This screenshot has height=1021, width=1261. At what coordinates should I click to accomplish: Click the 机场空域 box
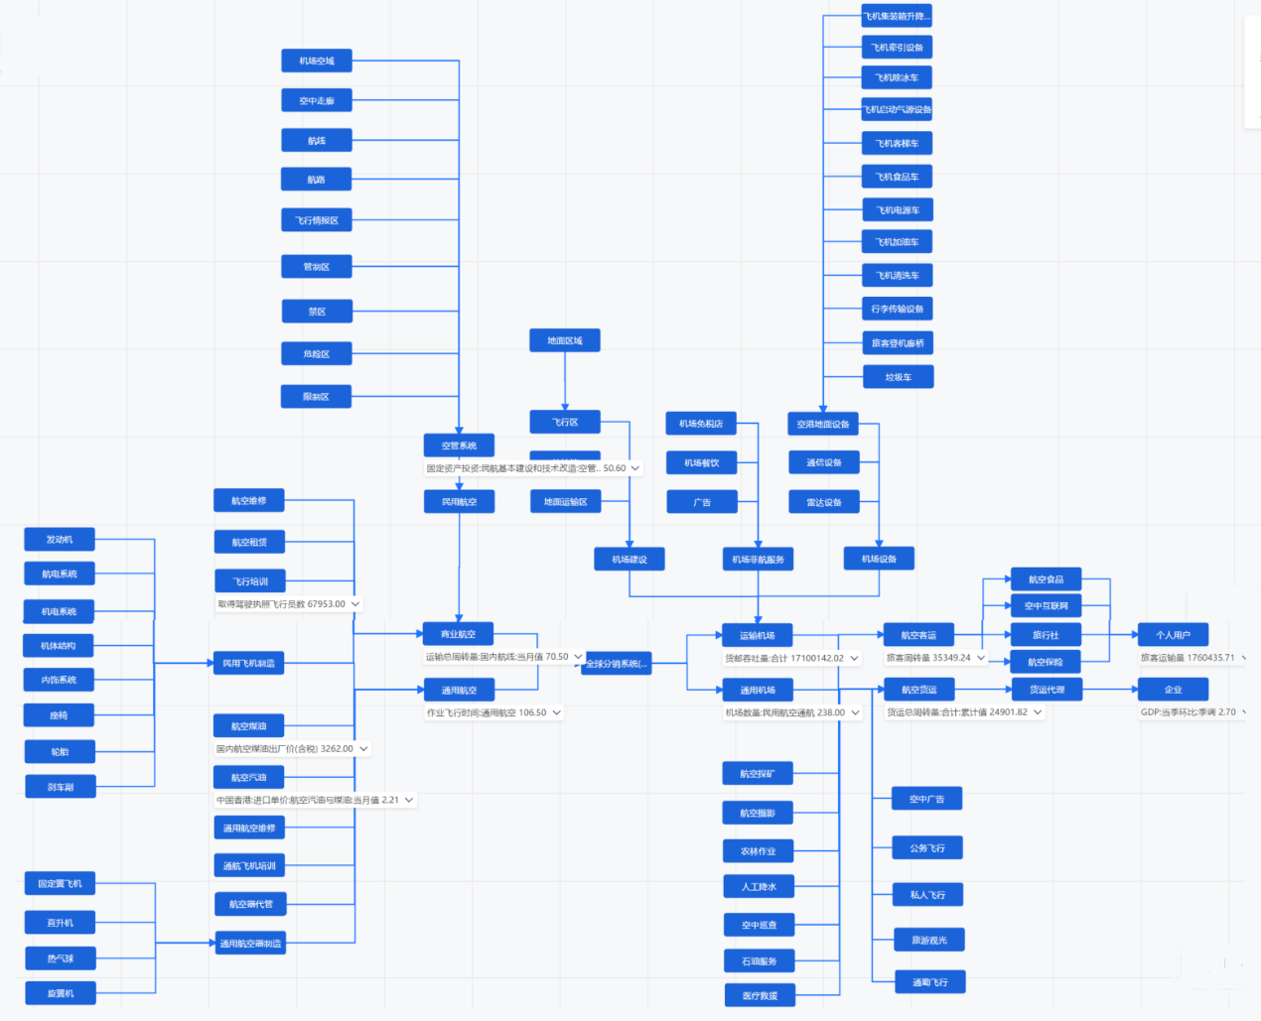317,62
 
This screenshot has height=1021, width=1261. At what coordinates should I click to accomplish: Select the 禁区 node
317,312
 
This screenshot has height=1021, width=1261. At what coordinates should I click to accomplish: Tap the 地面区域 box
565,341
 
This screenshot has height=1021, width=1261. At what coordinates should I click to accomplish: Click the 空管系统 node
459,446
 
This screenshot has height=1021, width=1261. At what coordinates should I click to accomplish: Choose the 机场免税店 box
701,424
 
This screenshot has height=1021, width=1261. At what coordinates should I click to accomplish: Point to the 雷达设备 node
824,502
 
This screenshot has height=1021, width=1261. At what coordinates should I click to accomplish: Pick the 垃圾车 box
898,377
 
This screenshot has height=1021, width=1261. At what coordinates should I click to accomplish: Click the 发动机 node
60,540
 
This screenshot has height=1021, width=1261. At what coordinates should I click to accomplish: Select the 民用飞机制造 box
248,663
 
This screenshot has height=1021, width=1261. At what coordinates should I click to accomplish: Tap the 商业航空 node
458,634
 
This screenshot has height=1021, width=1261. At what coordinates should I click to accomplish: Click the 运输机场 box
758,635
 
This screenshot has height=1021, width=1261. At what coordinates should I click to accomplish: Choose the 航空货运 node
918,690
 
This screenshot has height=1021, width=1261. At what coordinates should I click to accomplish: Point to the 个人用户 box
1173,635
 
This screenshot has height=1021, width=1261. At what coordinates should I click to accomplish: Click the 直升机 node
60,923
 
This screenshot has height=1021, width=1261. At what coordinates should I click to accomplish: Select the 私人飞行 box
927,895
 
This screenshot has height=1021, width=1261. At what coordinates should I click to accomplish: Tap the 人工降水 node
759,887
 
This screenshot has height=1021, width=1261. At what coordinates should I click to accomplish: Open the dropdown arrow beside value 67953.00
355,603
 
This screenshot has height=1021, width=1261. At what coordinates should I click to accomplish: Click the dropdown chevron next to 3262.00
363,749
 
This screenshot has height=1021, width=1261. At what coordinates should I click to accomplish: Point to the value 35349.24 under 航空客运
950,658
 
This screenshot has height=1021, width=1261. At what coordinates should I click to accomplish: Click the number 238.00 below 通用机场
831,712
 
